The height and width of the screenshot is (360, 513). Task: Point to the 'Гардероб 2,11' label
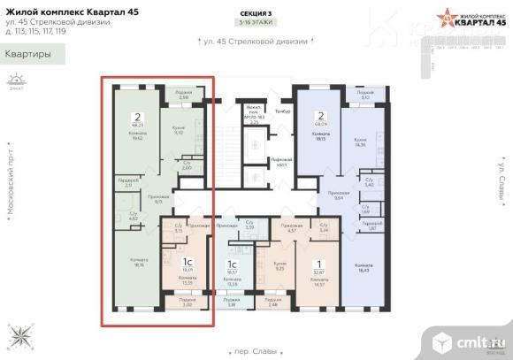127,184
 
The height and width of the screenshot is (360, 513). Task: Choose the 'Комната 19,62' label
137,137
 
